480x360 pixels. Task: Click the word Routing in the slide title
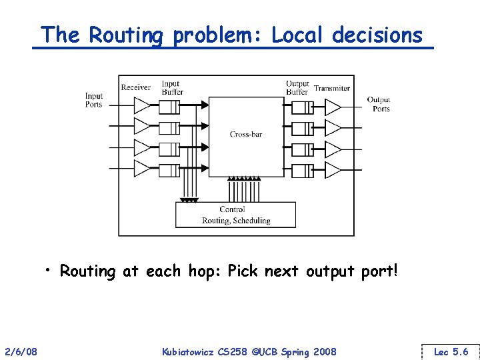point(127,35)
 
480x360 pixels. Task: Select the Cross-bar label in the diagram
point(246,134)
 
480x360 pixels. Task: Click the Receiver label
point(135,87)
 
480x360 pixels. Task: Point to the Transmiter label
point(332,88)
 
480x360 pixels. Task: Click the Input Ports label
point(94,100)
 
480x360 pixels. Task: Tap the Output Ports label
point(379,104)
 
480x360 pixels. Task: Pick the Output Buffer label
point(297,87)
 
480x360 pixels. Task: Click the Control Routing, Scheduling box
point(235,215)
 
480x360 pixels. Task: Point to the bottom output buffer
point(303,168)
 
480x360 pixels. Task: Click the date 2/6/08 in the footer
point(21,351)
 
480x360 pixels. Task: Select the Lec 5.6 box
point(451,351)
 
